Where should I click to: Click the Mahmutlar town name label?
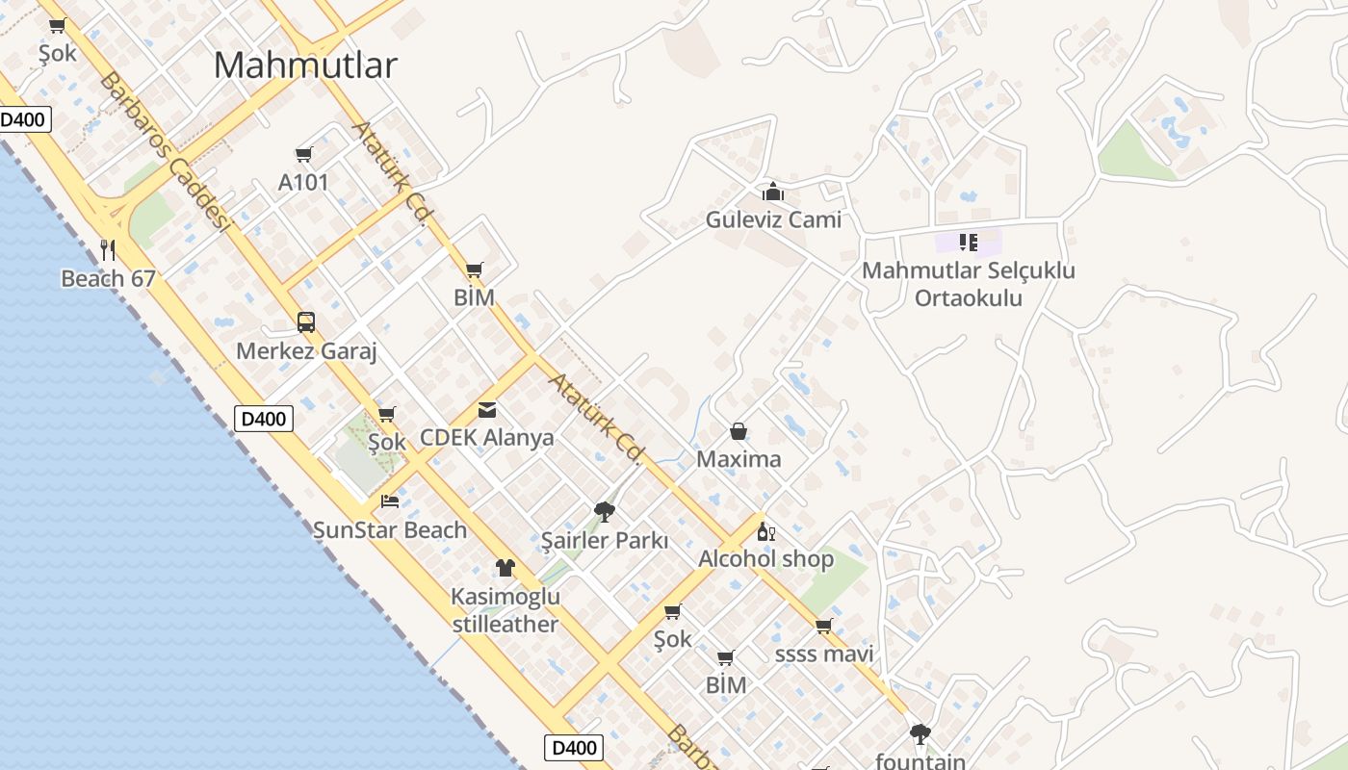click(x=305, y=65)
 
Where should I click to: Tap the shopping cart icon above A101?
click(x=304, y=154)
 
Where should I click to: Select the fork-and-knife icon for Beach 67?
click(x=108, y=250)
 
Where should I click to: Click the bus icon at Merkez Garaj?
click(x=306, y=321)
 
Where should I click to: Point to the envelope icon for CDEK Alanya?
click(x=487, y=410)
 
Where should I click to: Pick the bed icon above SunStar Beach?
click(x=390, y=501)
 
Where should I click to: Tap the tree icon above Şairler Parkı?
click(x=605, y=511)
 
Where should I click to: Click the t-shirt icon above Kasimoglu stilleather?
click(x=505, y=568)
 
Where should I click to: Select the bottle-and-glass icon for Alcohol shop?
click(x=765, y=531)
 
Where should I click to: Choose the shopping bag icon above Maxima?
click(x=739, y=431)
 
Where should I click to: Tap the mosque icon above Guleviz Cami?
click(x=773, y=192)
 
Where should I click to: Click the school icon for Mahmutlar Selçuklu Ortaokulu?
click(x=969, y=242)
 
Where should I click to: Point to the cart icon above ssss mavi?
click(x=823, y=627)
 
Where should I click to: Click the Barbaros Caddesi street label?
click(x=165, y=152)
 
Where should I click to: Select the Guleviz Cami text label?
click(x=773, y=219)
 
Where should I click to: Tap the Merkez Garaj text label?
click(x=306, y=351)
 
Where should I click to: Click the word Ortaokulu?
click(x=968, y=297)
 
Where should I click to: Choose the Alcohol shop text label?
click(x=765, y=559)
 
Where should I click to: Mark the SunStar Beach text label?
click(x=390, y=529)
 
